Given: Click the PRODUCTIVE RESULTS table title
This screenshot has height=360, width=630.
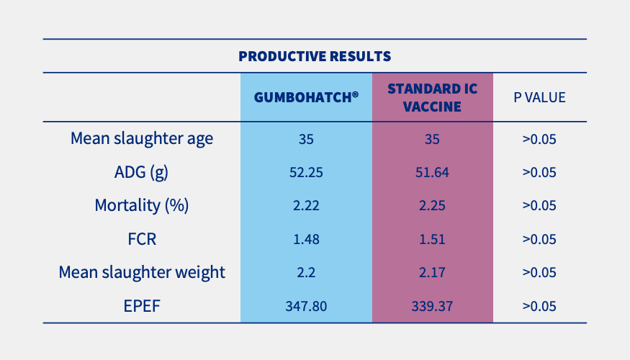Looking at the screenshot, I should pos(315,55).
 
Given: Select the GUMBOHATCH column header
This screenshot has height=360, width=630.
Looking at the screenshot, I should pos(306,97).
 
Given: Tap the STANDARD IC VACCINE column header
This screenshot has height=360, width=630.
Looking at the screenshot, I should pos(432,97).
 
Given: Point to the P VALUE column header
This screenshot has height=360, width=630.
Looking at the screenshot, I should pos(539,97).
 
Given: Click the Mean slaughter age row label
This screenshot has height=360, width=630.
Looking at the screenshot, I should pos(142,138).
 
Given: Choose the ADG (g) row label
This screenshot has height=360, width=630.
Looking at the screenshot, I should pos(142,172).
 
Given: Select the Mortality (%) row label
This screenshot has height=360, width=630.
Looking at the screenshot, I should pos(142,205).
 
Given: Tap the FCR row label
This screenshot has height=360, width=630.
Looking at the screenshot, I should pos(142,239).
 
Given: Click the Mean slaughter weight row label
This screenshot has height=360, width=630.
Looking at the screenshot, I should pos(142,272).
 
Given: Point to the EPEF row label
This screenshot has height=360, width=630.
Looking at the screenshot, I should pos(142,306).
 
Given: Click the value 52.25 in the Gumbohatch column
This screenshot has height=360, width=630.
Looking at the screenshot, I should pos(306,172).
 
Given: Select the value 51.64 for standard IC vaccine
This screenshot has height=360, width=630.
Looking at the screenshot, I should pos(432,172).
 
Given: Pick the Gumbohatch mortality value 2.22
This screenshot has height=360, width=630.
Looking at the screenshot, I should pos(306,205).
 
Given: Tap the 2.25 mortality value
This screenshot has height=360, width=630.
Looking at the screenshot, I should pos(432,205).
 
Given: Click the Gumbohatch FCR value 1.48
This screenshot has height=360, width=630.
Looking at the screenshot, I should pos(306,239).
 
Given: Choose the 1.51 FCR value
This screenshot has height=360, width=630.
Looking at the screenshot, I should pos(432,239).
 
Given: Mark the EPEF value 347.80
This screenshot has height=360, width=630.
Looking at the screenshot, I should pos(306,306).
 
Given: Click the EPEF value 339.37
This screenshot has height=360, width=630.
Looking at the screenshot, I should pos(432,306).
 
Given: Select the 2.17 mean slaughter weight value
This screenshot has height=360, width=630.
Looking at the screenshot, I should pos(432,272).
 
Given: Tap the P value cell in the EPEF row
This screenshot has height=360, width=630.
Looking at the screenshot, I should pos(539,306).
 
